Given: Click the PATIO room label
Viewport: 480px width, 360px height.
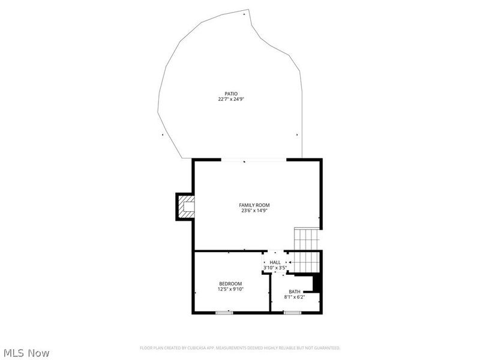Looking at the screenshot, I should click(231, 94).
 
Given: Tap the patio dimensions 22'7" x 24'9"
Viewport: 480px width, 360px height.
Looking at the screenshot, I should click(231, 100).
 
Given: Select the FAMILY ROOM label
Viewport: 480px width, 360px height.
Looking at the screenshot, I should click(254, 205).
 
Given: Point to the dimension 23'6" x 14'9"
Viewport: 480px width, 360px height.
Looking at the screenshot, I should click(254, 211).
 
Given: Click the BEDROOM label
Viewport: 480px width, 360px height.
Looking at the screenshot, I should click(230, 283).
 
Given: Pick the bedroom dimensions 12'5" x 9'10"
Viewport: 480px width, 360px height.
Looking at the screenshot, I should click(230, 289).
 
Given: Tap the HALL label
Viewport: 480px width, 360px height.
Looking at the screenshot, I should click(275, 262).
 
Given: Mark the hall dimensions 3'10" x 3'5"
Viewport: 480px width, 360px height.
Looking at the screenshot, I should click(275, 268).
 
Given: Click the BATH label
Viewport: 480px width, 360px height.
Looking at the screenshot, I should click(294, 292).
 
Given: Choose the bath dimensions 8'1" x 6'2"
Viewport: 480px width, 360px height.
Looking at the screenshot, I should click(294, 297).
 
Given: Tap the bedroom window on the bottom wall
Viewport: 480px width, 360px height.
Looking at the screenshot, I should click(224, 313).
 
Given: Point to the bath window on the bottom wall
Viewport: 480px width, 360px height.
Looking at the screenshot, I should click(292, 313).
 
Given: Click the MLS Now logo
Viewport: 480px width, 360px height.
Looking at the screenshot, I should click(26, 353).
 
